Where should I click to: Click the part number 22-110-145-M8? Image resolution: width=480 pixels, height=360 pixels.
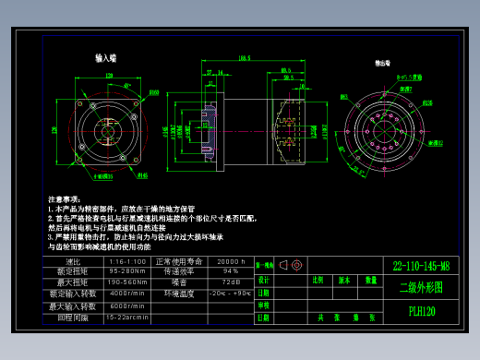coord(421,266)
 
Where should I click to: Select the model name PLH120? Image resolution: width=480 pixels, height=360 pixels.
coord(421,311)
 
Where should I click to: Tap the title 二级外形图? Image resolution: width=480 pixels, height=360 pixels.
coord(421,287)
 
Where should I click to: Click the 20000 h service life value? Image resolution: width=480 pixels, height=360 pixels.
coord(230,261)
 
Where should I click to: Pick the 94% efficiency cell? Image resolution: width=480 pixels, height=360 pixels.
coord(230,271)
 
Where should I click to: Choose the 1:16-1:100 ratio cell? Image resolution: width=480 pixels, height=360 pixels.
coord(126,261)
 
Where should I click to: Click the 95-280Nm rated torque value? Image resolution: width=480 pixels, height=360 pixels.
coord(126,271)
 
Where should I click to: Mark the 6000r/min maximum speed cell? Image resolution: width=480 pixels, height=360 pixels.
coord(126,306)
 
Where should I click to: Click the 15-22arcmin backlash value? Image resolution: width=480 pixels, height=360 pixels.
coord(126,317)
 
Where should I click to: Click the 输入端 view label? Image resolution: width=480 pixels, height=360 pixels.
coord(106,57)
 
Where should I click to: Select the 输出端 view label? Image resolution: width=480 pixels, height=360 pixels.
coord(381,64)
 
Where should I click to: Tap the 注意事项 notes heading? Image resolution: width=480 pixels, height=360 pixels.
coord(66,198)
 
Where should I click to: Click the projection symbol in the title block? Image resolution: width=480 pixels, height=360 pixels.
coord(290,265)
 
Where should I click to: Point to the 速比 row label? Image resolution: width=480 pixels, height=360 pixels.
coord(74,261)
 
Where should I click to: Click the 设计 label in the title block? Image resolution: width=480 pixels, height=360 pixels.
coord(264,279)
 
